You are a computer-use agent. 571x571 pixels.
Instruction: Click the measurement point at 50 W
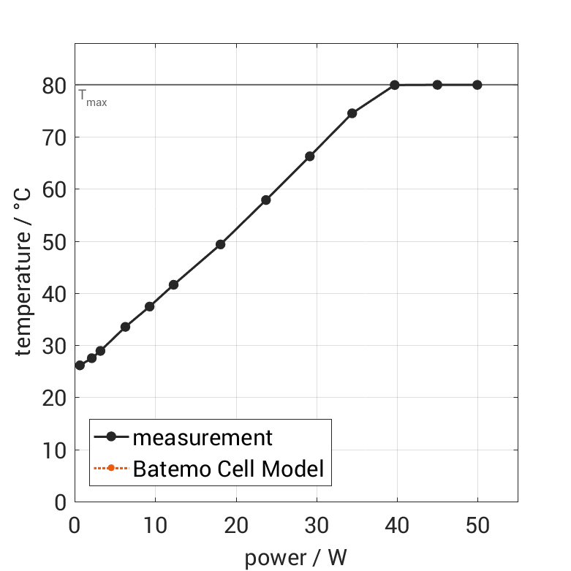pyautogui.click(x=477, y=85)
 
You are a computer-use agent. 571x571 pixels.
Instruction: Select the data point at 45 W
pyautogui.click(x=437, y=85)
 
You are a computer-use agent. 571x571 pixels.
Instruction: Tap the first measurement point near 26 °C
pyautogui.click(x=80, y=365)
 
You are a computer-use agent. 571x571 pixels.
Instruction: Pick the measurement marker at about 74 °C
pyautogui.click(x=352, y=113)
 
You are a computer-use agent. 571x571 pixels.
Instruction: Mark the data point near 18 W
pyautogui.click(x=220, y=244)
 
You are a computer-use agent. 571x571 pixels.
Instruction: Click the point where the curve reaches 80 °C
pyautogui.click(x=395, y=85)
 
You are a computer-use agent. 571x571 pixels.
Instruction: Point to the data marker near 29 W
pyautogui.click(x=310, y=156)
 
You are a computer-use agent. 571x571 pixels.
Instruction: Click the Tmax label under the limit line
pyautogui.click(x=93, y=98)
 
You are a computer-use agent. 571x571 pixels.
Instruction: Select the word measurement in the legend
pyautogui.click(x=203, y=438)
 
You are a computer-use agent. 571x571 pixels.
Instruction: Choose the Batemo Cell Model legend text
pyautogui.click(x=228, y=468)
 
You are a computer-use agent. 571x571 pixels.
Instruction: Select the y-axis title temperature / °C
pyautogui.click(x=23, y=272)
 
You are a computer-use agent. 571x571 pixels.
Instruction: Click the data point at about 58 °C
pyautogui.click(x=266, y=200)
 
